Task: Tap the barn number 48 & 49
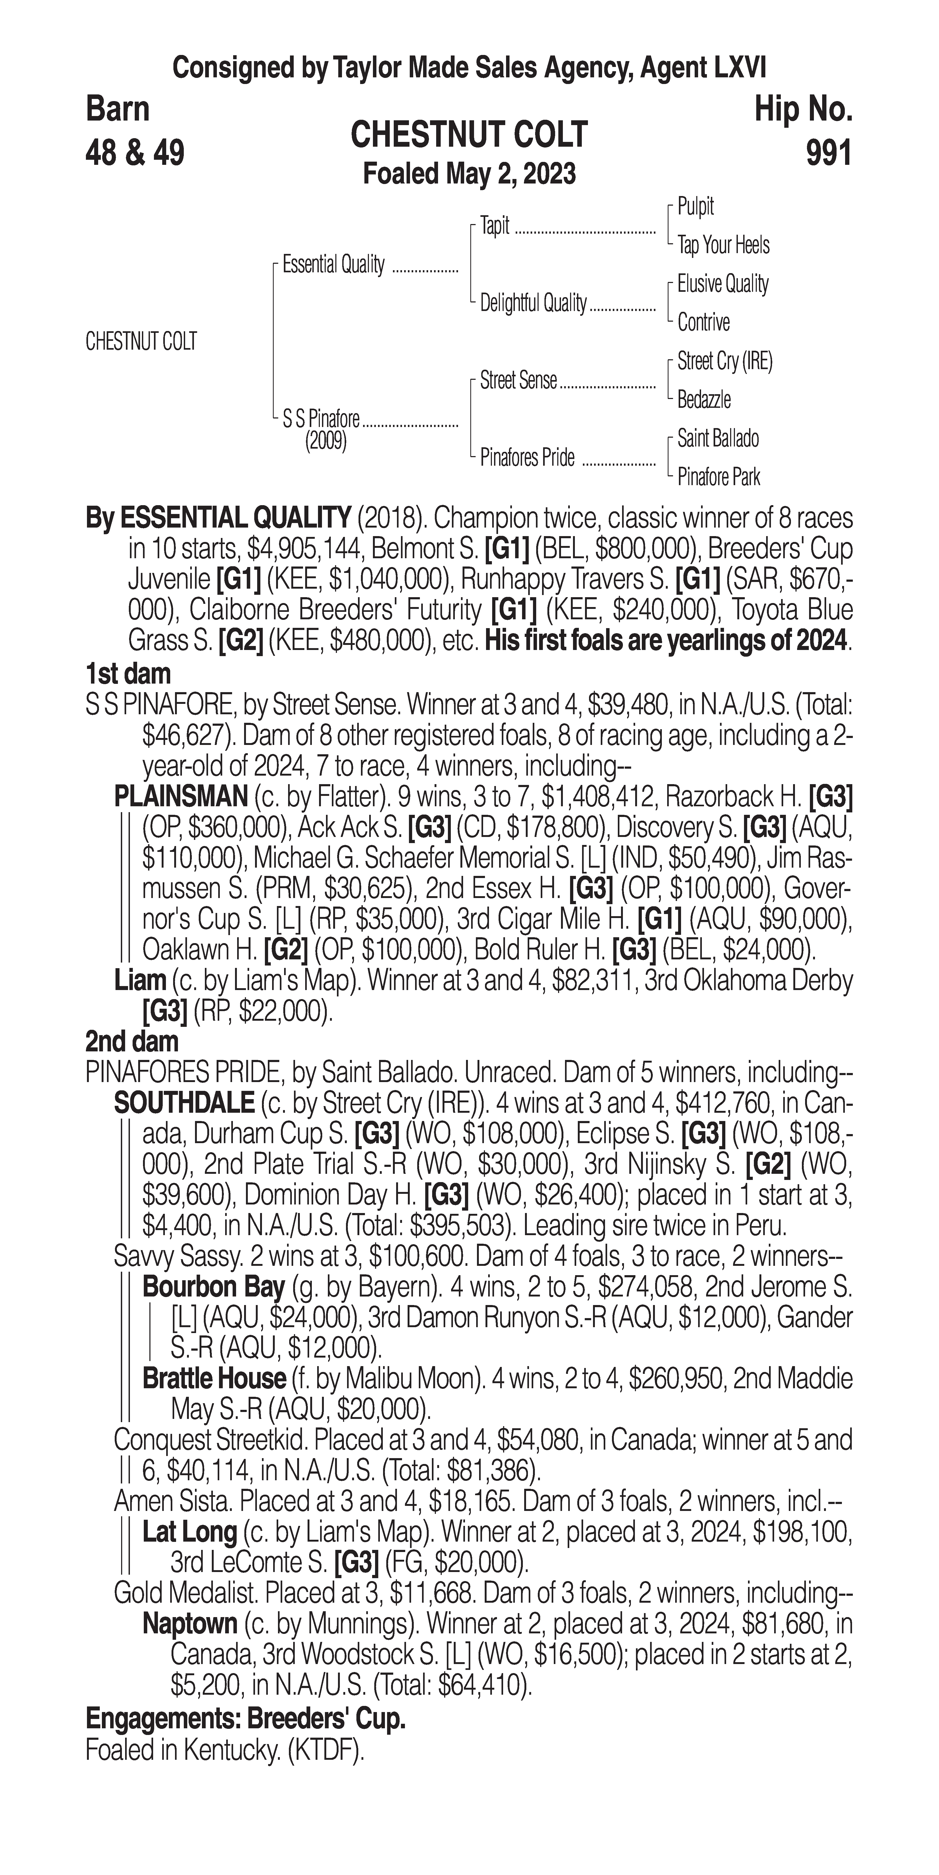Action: [x=135, y=153]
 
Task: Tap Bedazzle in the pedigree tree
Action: [x=704, y=400]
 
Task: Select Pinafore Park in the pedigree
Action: [x=718, y=477]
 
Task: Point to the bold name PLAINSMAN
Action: [x=181, y=797]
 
